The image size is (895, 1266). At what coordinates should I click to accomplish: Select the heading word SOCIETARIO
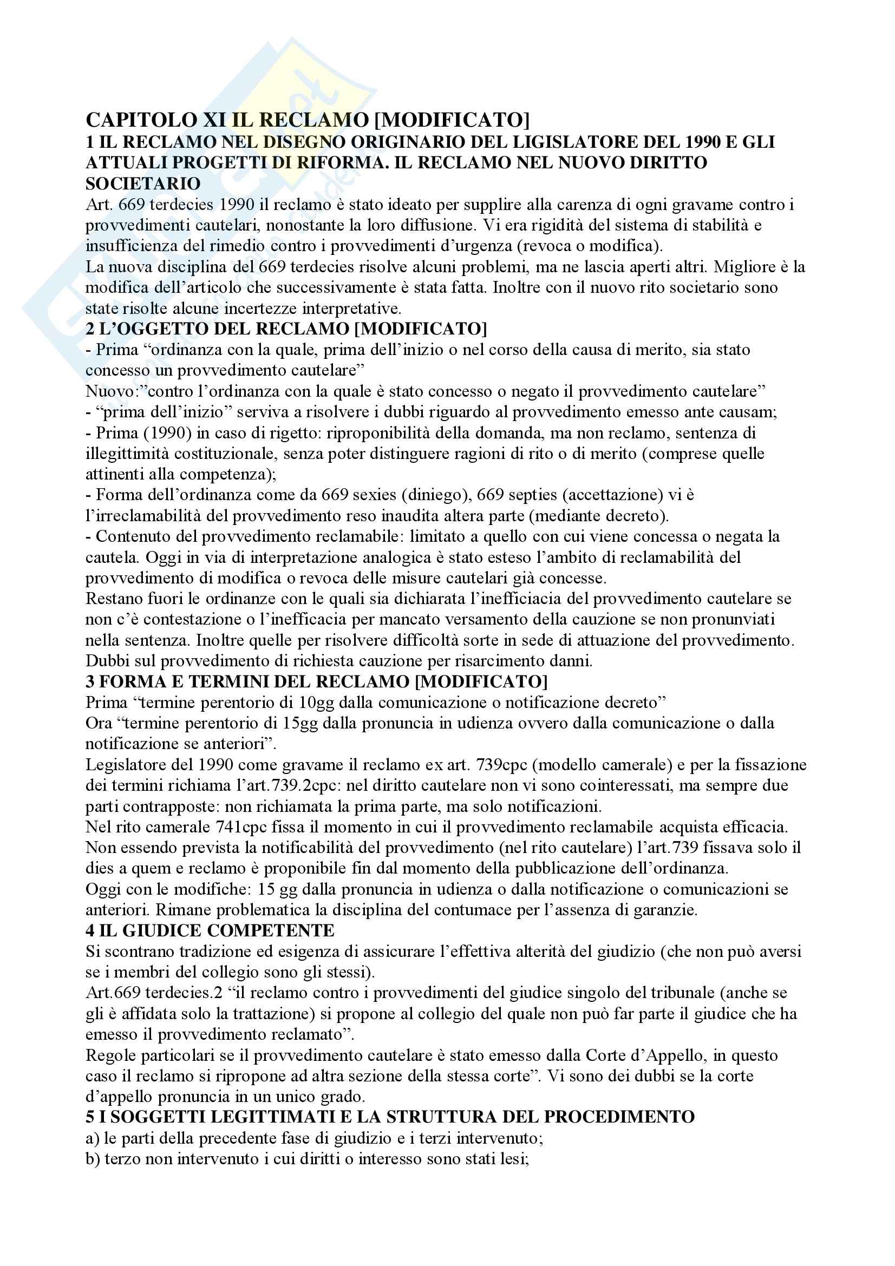pos(143,183)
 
